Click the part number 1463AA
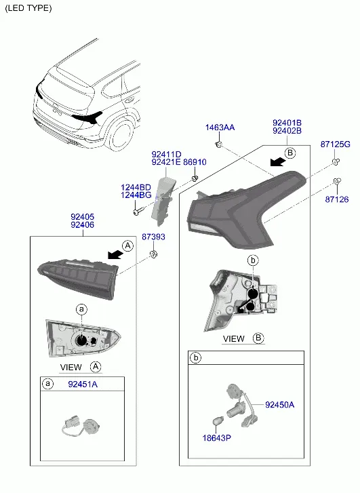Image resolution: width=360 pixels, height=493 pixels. click(220, 127)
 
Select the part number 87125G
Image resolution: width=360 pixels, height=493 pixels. click(335, 144)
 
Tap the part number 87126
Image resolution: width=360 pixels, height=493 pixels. click(337, 199)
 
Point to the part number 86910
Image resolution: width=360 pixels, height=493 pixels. click(195, 162)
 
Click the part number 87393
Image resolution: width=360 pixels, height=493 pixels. click(153, 237)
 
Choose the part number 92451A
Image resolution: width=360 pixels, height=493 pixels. click(83, 384)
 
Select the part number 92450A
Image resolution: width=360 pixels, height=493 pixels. click(279, 405)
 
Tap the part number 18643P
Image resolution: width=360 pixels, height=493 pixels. click(217, 437)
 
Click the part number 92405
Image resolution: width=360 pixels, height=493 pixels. click(83, 217)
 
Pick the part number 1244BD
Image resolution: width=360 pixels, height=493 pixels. click(136, 188)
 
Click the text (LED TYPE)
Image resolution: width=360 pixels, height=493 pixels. click(28, 8)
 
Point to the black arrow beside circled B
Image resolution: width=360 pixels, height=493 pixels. click(278, 162)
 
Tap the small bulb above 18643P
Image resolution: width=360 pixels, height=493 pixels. click(218, 420)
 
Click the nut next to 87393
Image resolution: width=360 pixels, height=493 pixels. click(153, 254)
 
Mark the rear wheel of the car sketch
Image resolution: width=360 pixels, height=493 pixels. click(120, 134)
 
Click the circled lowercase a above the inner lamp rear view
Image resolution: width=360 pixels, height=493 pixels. click(82, 309)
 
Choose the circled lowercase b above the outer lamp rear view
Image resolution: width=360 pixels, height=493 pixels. click(253, 260)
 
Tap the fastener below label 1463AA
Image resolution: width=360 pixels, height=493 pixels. click(219, 144)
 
